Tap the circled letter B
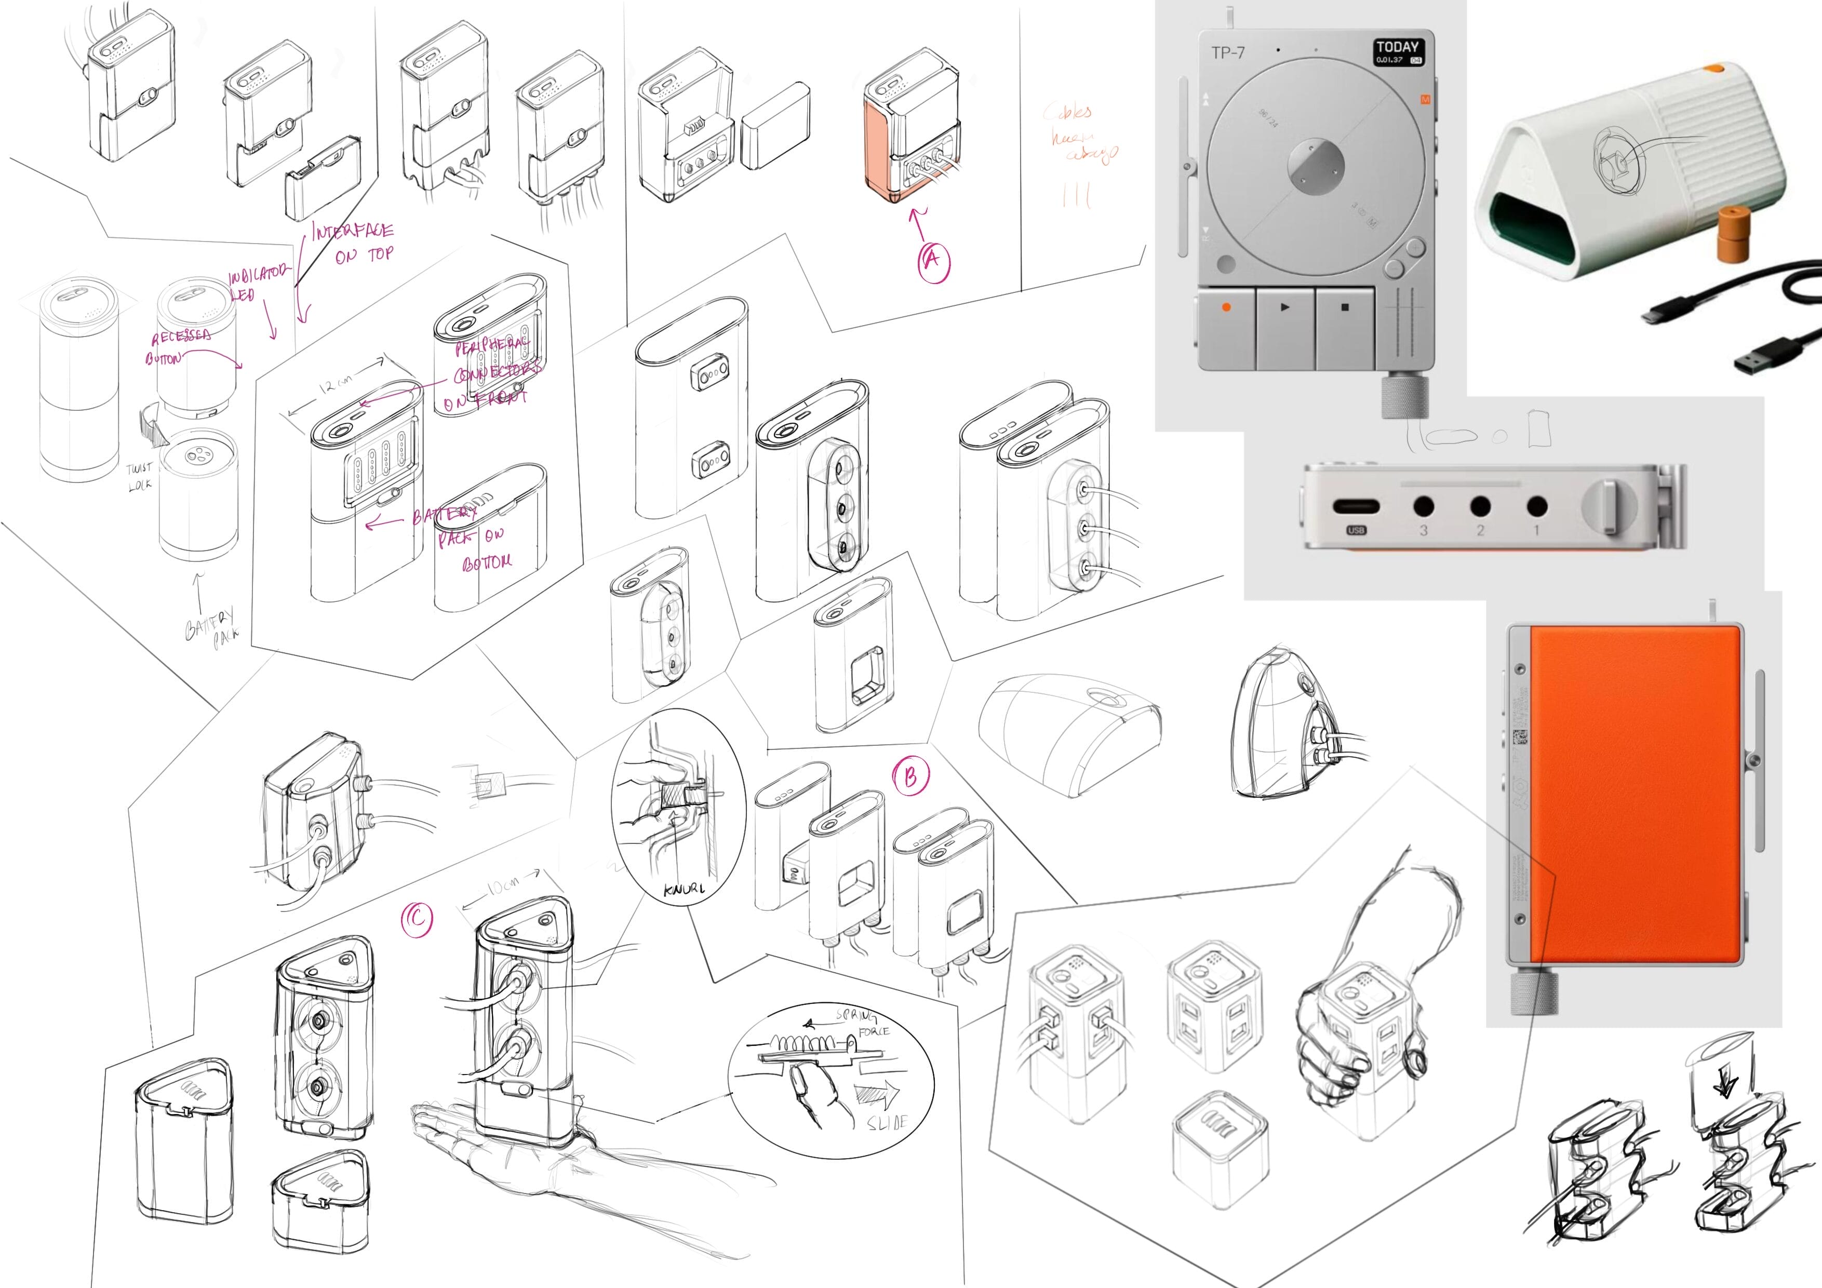[x=910, y=777]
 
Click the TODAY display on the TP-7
[x=1398, y=51]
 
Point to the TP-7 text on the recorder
[x=1228, y=53]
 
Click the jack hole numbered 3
[x=1424, y=506]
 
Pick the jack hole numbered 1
[x=1536, y=506]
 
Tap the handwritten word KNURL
[x=684, y=889]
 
